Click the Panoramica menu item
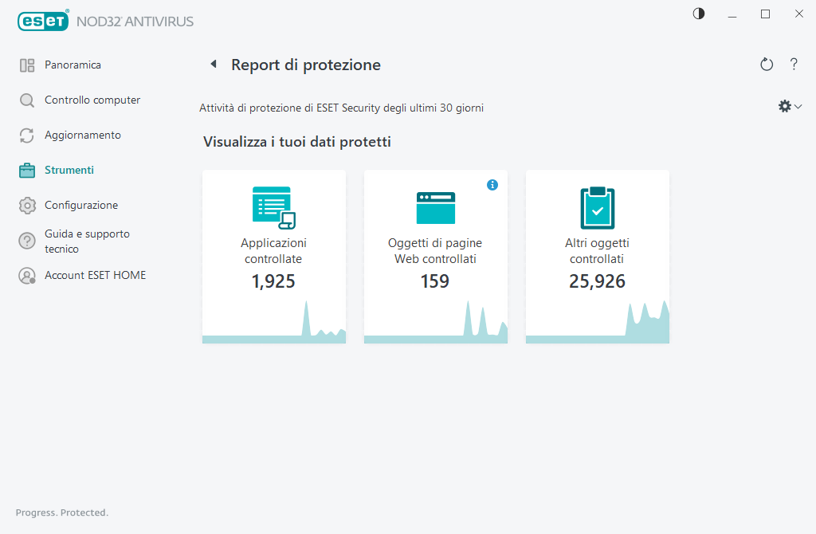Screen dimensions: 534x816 (x=73, y=65)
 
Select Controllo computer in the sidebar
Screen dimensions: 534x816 (x=92, y=100)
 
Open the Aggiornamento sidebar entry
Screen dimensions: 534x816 (x=82, y=135)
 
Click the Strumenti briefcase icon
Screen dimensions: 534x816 (x=27, y=171)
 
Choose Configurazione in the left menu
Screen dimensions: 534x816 (x=80, y=206)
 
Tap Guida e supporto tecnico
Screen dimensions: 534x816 (x=86, y=241)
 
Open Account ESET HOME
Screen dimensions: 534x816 (x=95, y=276)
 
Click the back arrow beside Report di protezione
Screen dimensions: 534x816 (x=213, y=65)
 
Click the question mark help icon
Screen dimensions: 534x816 (x=794, y=65)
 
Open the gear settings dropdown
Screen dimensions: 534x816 (x=789, y=106)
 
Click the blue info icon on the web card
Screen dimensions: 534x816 (x=492, y=185)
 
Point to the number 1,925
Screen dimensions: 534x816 (x=273, y=281)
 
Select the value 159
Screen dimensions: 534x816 (x=435, y=281)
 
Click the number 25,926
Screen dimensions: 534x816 (x=597, y=281)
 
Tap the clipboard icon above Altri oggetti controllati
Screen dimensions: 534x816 (x=597, y=208)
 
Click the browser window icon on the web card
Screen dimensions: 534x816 (x=435, y=208)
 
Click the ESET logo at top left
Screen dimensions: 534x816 (x=43, y=22)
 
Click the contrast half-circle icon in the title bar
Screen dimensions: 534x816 (x=699, y=14)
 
